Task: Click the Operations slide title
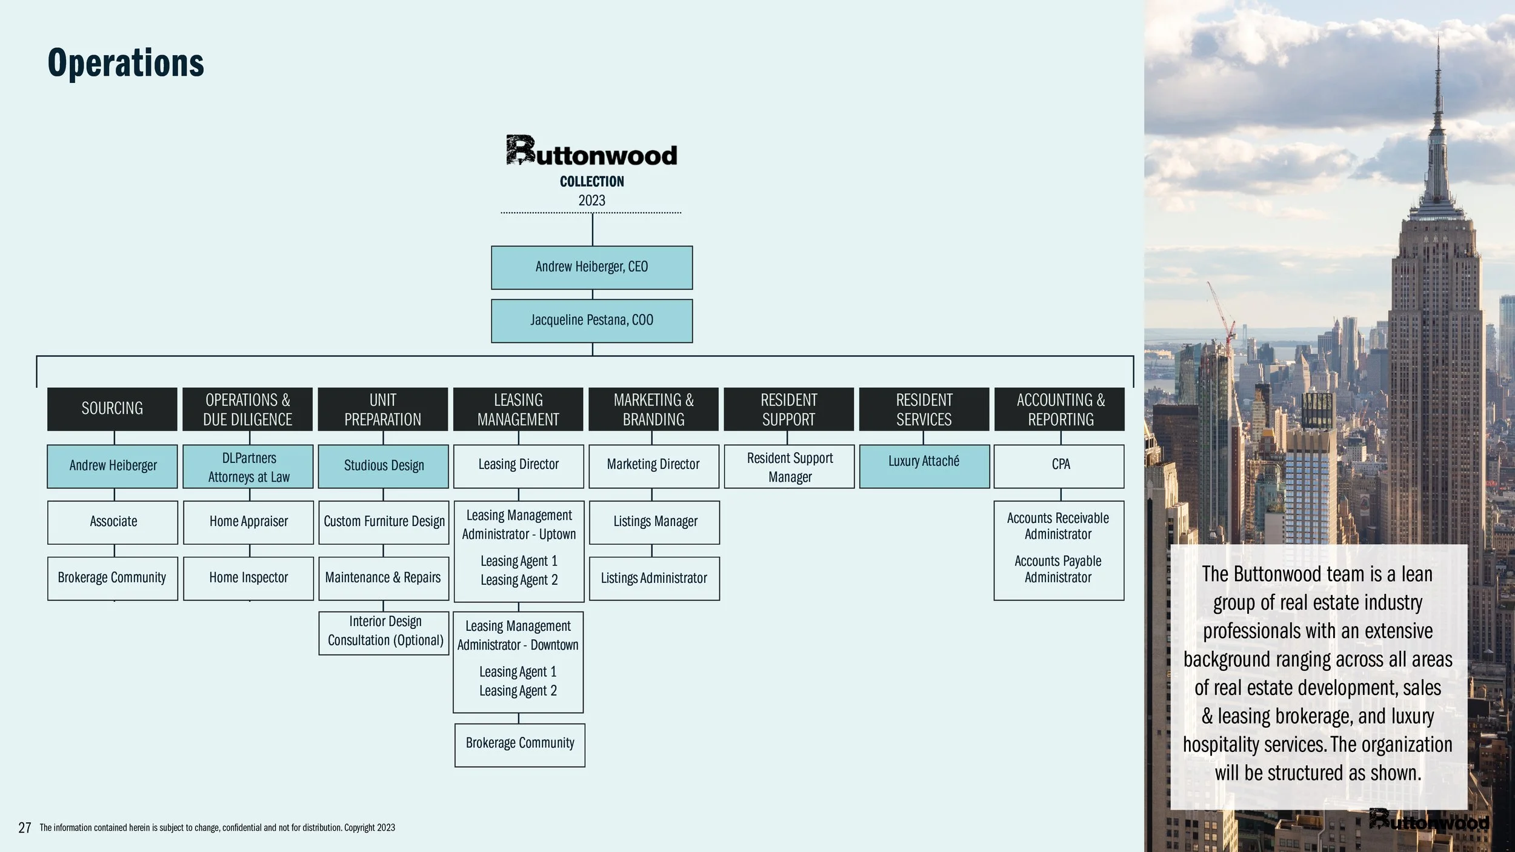tap(125, 63)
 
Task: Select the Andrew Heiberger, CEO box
tap(591, 267)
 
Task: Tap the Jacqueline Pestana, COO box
tap(591, 321)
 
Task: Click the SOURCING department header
tap(112, 409)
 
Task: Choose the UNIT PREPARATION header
tap(382, 409)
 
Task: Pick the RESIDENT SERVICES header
tap(924, 409)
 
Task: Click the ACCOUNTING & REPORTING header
tap(1060, 409)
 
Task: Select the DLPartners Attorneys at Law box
tap(248, 467)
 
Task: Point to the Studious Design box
tap(384, 466)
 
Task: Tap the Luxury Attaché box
tap(924, 466)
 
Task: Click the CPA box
tap(1060, 466)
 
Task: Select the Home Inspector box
tap(248, 578)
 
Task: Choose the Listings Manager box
tap(654, 522)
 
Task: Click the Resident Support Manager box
tap(789, 467)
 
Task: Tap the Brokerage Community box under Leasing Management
tap(520, 744)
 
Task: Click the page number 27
tap(25, 828)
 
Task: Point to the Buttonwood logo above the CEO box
tap(591, 151)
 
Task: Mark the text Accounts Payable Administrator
tap(1058, 570)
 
